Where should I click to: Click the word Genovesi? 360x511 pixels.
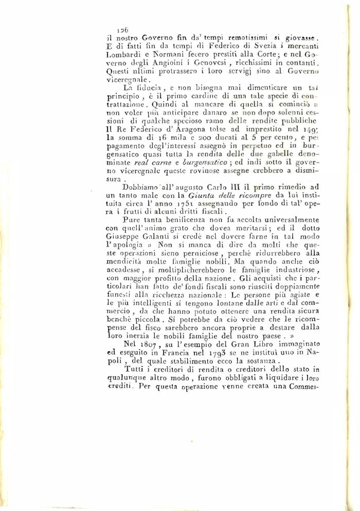[211, 64]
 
